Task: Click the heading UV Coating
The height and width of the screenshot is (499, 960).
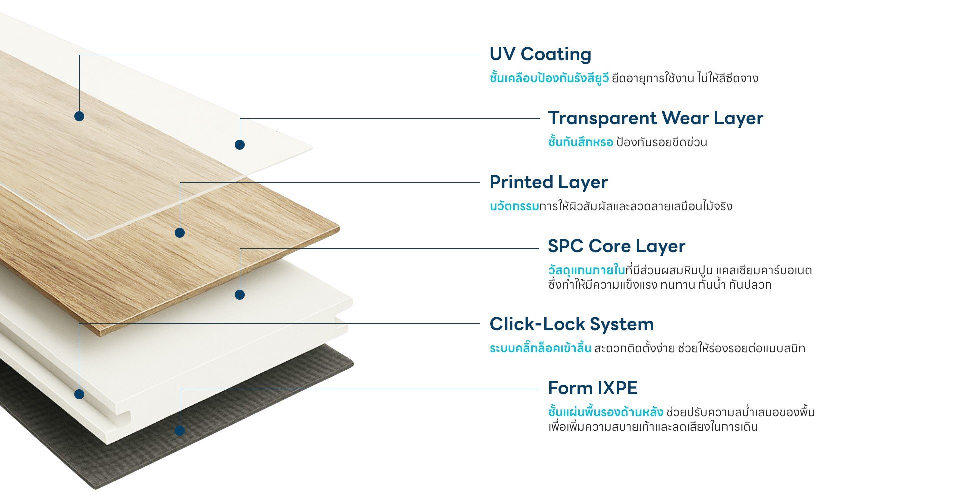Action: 540,54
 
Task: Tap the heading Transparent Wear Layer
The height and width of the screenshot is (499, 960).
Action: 656,118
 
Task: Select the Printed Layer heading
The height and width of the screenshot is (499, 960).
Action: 549,182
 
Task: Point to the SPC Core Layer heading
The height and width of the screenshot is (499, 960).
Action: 617,246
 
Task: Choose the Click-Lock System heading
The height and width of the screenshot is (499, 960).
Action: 572,324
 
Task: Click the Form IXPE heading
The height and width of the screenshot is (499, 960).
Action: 593,388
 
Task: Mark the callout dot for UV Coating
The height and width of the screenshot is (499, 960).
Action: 79,116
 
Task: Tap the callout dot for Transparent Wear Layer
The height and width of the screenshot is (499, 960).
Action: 240,145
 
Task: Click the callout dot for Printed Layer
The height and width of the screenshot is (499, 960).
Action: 180,233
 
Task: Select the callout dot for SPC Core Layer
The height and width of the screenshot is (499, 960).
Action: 240,295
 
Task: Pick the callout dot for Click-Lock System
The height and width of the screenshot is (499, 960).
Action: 79,394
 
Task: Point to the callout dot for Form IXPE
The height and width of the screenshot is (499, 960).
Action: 180,430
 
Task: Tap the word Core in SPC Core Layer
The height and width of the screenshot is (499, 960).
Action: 611,246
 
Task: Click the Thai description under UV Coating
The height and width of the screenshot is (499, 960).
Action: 624,78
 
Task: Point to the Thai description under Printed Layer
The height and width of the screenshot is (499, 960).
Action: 611,206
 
